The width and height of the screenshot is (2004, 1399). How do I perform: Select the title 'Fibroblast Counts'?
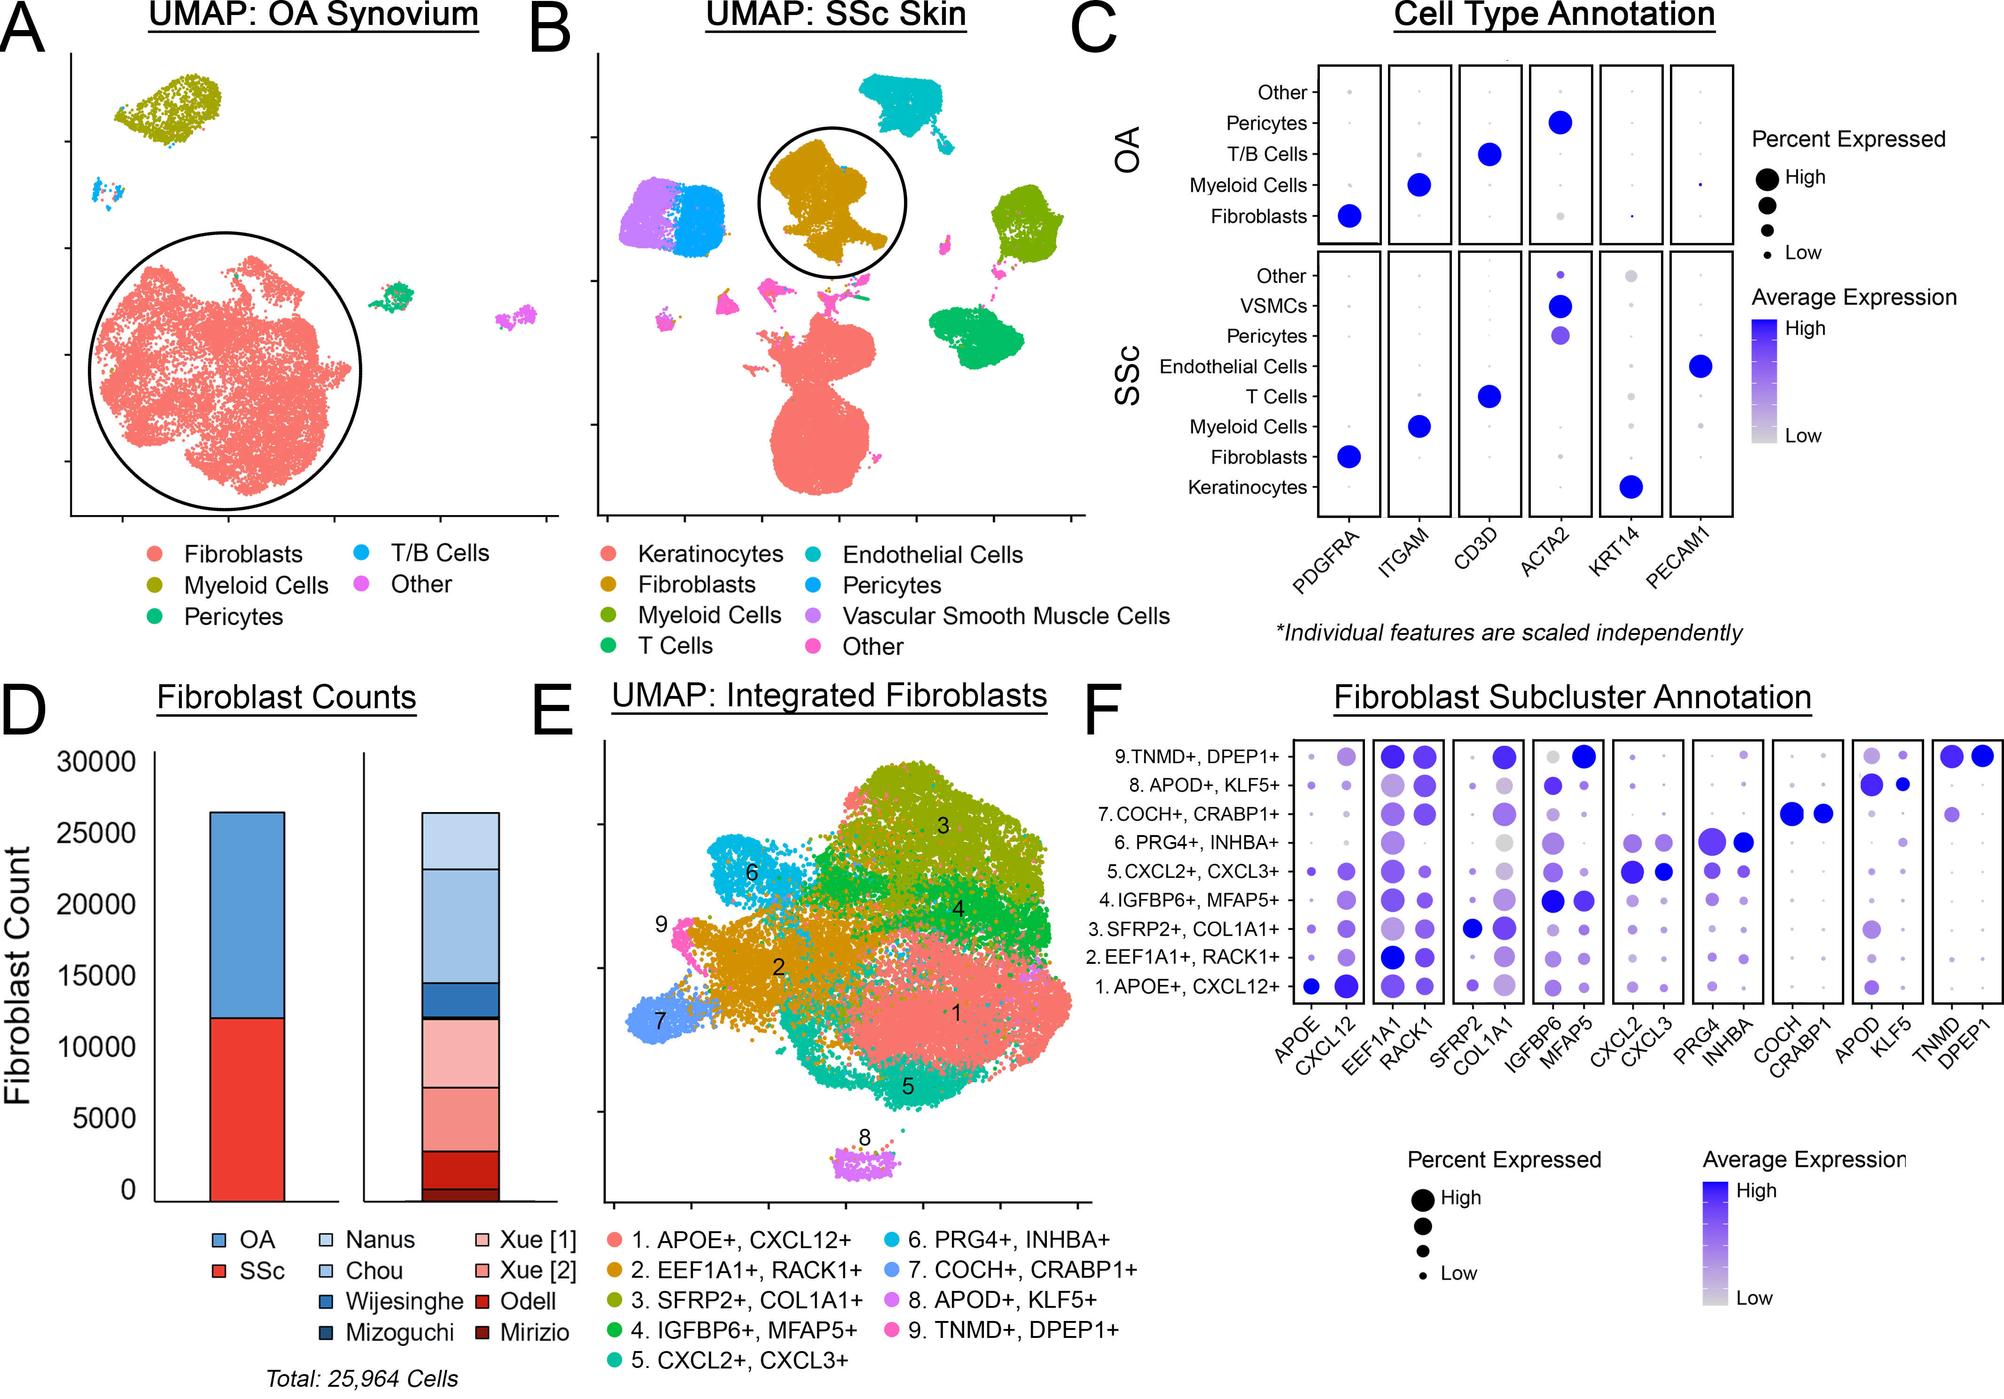point(286,697)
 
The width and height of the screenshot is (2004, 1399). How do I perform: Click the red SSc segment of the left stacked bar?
point(247,1109)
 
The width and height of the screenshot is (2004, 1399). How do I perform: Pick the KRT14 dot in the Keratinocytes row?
point(1630,487)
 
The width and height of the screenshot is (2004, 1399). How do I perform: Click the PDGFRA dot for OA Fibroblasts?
point(1349,216)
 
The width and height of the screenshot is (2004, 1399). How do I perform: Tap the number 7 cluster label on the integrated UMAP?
point(661,1020)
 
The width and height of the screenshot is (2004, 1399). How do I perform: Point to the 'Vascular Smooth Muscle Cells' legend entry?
point(1006,616)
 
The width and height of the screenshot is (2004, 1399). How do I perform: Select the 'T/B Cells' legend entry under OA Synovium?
point(439,553)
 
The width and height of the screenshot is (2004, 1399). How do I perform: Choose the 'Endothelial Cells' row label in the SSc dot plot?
point(1232,367)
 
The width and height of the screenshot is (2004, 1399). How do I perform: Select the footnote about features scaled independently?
point(1508,633)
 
